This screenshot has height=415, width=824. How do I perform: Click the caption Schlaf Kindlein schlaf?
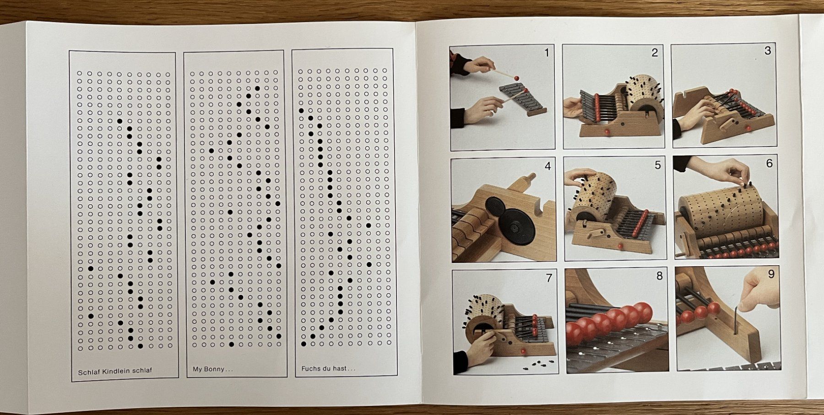[x=115, y=371]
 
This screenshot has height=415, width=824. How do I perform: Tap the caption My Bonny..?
[x=210, y=369]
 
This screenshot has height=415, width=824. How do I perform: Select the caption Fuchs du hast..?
[x=328, y=369]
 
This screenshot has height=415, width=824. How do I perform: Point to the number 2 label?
[x=655, y=53]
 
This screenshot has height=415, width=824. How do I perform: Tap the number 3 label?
[x=768, y=50]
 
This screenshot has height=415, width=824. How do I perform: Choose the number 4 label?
[x=548, y=166]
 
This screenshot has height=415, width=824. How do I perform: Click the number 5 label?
[x=658, y=165]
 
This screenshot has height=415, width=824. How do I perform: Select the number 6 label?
[x=769, y=163]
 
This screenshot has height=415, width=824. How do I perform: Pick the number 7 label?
[x=549, y=278]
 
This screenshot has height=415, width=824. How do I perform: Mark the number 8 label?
[x=659, y=276]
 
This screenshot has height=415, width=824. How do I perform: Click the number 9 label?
[x=771, y=274]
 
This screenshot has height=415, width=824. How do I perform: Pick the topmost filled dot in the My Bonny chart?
[x=257, y=88]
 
